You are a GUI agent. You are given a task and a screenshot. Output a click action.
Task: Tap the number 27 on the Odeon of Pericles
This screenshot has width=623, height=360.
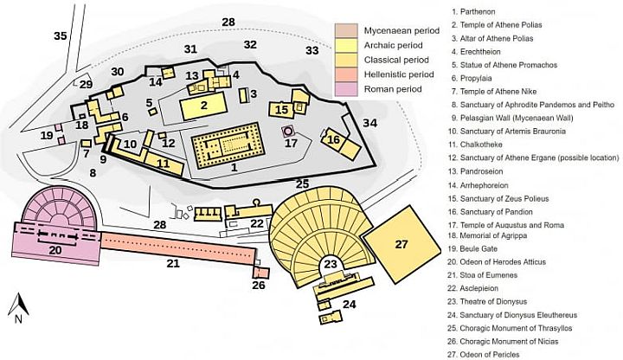point(401,243)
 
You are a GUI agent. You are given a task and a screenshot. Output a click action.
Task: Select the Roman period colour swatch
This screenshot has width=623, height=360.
point(346,89)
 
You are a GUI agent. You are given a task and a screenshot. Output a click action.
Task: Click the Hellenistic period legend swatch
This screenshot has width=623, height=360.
point(346,74)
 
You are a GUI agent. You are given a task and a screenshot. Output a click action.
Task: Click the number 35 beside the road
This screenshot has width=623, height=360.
point(61,36)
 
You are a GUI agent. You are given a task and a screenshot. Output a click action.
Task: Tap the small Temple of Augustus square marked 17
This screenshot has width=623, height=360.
point(287,131)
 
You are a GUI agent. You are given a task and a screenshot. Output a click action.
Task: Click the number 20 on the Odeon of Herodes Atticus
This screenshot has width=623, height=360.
point(55,250)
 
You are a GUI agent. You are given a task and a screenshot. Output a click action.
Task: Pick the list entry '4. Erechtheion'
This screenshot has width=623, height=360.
point(476,52)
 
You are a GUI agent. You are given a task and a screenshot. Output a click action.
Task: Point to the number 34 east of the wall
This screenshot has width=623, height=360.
point(369,123)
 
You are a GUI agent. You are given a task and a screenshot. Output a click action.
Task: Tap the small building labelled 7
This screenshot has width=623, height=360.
point(87,144)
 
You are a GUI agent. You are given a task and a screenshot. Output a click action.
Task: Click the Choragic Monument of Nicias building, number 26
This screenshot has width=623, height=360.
point(260,273)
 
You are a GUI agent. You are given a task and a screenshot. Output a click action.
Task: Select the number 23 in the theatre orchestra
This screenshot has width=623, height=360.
point(331,264)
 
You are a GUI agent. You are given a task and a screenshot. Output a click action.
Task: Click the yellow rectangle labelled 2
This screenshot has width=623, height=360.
point(204,106)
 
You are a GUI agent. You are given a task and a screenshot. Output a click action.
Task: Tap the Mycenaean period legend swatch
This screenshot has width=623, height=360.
point(346,30)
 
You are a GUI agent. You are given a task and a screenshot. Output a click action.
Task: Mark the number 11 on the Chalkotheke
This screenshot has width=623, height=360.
point(163,164)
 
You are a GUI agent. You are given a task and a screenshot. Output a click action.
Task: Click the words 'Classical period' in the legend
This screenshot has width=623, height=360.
point(396,60)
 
